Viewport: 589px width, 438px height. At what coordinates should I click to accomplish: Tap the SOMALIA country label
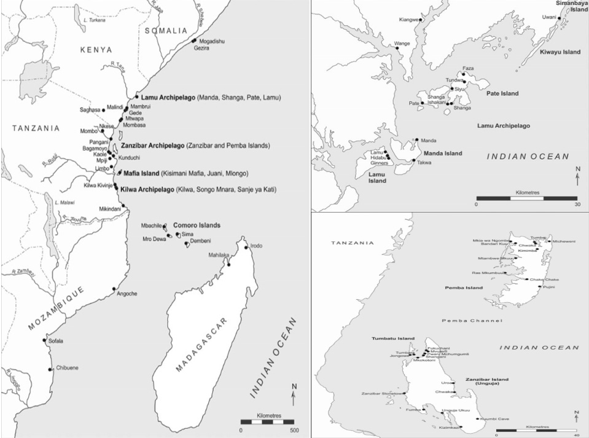pyautogui.click(x=165, y=30)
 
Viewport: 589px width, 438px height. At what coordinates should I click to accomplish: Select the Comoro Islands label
pyautogui.click(x=197, y=225)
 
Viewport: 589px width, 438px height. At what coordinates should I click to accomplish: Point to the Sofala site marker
pyautogui.click(x=44, y=340)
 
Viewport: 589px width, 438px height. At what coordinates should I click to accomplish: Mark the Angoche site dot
pyautogui.click(x=114, y=289)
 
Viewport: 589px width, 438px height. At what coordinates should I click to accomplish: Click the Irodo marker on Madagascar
pyautogui.click(x=247, y=248)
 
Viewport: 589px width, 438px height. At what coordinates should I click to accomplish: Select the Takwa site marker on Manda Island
pyautogui.click(x=414, y=161)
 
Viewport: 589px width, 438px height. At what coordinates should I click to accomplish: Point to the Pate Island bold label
pyautogui.click(x=502, y=93)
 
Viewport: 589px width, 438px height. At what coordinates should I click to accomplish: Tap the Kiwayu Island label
pyautogui.click(x=560, y=52)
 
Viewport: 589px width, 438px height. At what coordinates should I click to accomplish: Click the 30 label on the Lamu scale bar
pyautogui.click(x=576, y=204)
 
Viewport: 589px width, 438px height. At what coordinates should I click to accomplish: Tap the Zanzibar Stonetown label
pyautogui.click(x=383, y=393)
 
